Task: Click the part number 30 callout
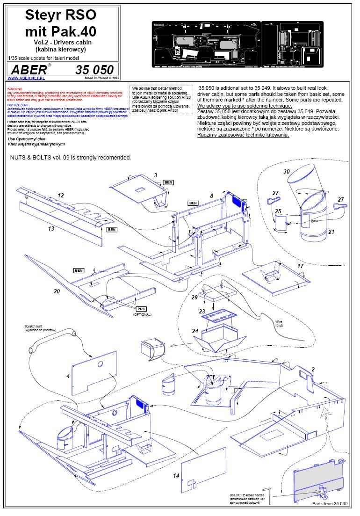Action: [287, 172]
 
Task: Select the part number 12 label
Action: [61, 196]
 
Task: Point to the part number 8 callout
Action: [211, 196]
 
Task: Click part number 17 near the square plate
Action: [301, 266]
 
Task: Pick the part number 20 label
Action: [57, 291]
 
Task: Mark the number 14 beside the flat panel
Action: [176, 476]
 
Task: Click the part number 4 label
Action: [68, 376]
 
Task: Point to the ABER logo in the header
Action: [29, 70]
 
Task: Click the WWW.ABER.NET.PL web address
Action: [23, 78]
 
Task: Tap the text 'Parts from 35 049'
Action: [330, 503]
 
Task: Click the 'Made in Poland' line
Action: [99, 78]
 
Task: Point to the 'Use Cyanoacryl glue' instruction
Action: [27, 139]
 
